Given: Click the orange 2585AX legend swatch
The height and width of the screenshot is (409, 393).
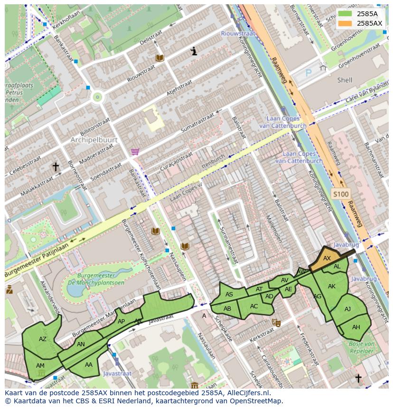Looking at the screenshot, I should tap(346, 23).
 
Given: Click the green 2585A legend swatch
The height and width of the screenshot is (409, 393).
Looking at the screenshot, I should tap(346, 14).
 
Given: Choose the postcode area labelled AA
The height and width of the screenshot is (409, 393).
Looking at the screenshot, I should tap(89, 364).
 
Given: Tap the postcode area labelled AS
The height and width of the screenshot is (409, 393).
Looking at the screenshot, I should tap(229, 295).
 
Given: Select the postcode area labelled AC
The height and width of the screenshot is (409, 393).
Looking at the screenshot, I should tap(254, 306).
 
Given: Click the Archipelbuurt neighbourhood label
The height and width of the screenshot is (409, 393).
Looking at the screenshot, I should tap(90, 140).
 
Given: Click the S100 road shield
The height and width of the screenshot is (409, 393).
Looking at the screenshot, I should tap(340, 194).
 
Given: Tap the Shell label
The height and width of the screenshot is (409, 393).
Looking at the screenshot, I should tap(345, 80).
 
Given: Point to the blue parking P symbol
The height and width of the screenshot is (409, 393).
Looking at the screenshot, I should tap(309, 73).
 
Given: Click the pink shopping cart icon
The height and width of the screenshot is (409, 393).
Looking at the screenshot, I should tap(135, 152).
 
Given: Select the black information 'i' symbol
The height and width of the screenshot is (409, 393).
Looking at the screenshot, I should tap(194, 51).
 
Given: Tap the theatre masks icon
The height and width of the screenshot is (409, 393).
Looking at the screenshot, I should tap(276, 323).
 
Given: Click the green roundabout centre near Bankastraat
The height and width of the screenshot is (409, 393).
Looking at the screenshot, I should tap(98, 97).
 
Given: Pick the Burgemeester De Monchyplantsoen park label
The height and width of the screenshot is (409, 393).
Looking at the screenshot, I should tap(96, 279).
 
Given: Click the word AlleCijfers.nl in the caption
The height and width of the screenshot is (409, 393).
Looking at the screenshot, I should tap(246, 393).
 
